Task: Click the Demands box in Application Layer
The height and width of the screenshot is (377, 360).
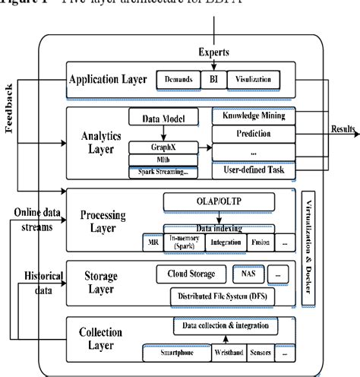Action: [x=178, y=79]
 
